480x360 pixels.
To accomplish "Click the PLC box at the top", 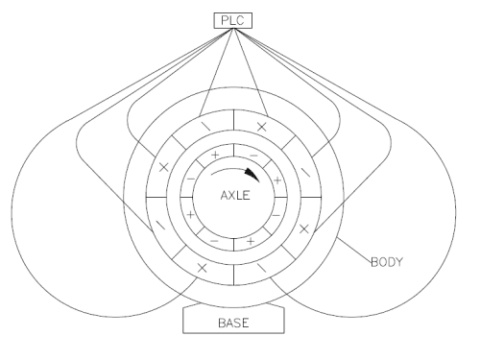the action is click(x=233, y=21).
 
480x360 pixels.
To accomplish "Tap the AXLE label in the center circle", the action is click(x=235, y=196).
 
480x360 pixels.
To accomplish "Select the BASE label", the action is click(x=233, y=323).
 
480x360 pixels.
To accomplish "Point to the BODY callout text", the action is click(x=387, y=262).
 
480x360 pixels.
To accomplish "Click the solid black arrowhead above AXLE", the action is click(x=252, y=175).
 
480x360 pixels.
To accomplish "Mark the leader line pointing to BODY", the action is click(x=354, y=250).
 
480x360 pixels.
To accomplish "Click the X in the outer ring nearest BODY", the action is click(x=304, y=228).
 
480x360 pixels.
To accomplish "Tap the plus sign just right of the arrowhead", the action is click(x=277, y=180).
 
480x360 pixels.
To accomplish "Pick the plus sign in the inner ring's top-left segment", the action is click(x=215, y=156).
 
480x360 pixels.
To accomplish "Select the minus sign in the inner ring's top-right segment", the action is click(x=253, y=156).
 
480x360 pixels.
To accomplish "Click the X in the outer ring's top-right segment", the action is click(x=262, y=127).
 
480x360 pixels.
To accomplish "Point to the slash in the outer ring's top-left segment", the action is click(x=206, y=127).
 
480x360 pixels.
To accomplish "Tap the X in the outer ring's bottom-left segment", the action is click(x=202, y=268).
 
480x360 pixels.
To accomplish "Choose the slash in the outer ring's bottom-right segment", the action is click(x=262, y=268).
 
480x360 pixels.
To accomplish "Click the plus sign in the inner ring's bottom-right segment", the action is click(x=251, y=241).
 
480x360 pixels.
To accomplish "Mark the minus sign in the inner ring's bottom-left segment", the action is click(x=214, y=241).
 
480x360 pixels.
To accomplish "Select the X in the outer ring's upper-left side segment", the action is click(x=164, y=167).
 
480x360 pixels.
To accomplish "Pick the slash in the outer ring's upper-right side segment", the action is click(x=306, y=173).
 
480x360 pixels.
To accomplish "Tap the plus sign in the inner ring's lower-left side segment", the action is click(x=190, y=214).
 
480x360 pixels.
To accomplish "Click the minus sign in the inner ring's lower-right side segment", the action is click(x=276, y=215).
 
